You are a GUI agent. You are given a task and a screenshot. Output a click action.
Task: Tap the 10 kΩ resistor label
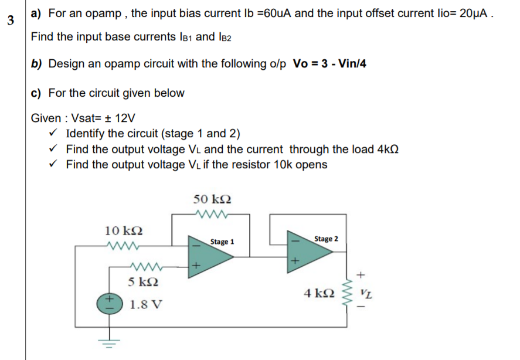[x=123, y=229]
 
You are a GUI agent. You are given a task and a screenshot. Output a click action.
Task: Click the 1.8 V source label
[x=147, y=305]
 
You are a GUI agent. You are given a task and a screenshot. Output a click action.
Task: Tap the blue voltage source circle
[x=110, y=303]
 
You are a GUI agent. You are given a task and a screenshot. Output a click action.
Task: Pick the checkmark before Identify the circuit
[x=54, y=133]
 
